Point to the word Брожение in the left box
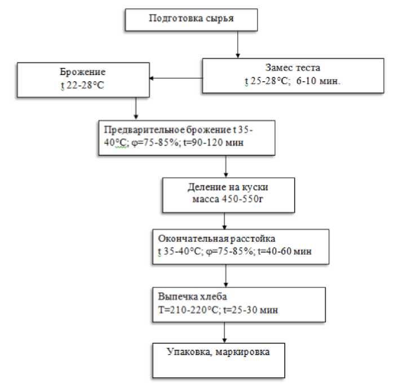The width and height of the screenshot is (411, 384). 82,73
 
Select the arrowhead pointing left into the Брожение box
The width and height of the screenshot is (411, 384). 151,78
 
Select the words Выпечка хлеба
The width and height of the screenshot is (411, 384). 189,297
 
